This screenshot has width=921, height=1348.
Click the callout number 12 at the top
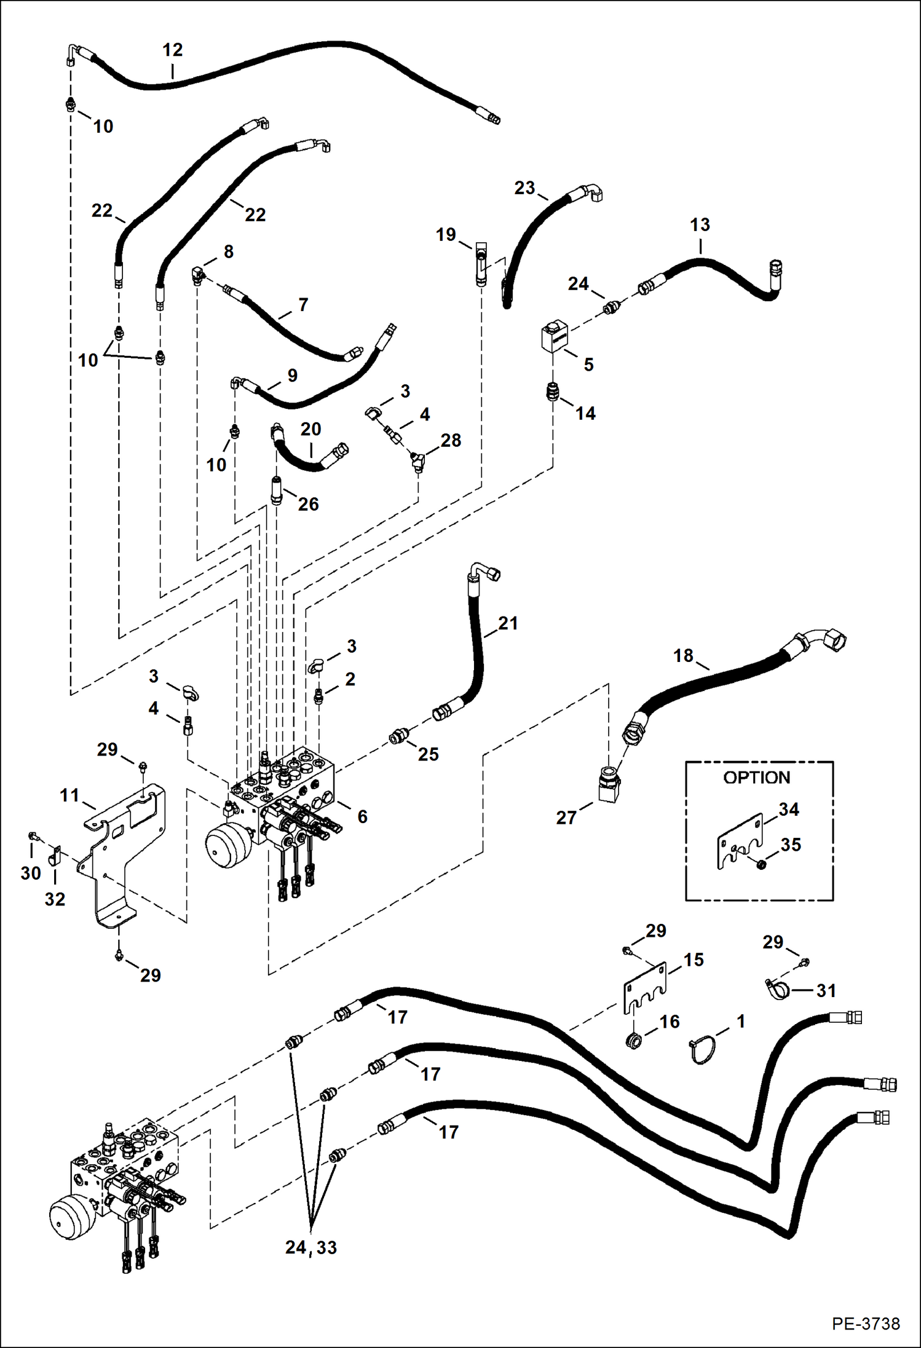173,50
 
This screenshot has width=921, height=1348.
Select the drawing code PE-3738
866,1323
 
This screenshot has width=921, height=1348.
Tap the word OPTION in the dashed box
756,778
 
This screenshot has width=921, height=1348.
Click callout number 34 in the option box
789,810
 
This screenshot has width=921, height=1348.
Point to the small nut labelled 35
761,865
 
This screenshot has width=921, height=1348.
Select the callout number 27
566,818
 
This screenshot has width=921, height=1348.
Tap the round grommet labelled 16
634,1041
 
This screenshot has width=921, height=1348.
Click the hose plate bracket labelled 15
645,987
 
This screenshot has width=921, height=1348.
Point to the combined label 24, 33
311,1247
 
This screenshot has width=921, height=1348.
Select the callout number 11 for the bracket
69,795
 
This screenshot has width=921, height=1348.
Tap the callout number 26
308,504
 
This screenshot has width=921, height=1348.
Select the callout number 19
446,234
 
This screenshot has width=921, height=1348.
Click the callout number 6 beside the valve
362,816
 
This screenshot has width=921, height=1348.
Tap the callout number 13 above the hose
700,225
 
